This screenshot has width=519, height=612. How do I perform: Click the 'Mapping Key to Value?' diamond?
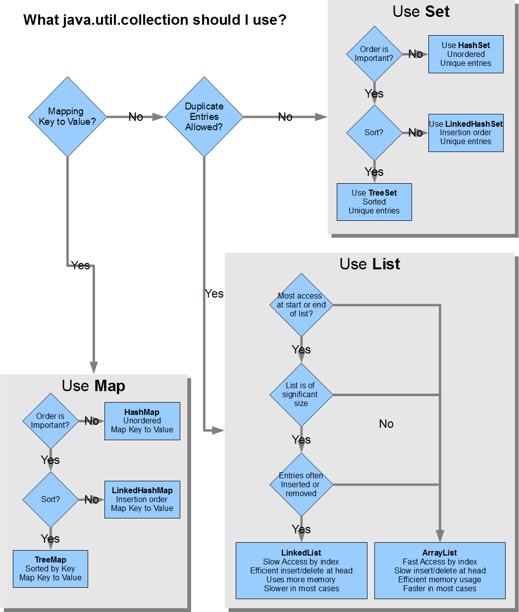[x=67, y=117]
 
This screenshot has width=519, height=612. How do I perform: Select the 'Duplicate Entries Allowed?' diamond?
[x=204, y=117]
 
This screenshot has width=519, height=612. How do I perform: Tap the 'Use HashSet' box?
[x=466, y=54]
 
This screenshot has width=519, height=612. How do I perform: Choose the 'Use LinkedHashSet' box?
[x=466, y=133]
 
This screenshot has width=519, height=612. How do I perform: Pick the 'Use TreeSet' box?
[x=374, y=202]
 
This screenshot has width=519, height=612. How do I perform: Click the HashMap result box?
[x=142, y=421]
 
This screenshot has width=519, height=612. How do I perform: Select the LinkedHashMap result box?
[x=142, y=499]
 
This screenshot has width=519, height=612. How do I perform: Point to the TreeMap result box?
[x=51, y=568]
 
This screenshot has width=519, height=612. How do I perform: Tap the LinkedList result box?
[x=302, y=570]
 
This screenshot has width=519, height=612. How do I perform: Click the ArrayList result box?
[x=440, y=570]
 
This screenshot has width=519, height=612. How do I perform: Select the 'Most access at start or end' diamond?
[x=302, y=305]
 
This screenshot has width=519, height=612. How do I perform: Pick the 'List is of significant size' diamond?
[x=302, y=395]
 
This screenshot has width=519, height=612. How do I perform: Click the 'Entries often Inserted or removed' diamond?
[x=302, y=484]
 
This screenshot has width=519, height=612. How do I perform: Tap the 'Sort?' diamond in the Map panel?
[x=51, y=500]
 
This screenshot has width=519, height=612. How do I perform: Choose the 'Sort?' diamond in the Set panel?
[x=374, y=133]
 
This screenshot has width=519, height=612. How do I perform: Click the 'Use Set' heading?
[x=421, y=12]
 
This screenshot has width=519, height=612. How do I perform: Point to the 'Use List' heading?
[x=370, y=264]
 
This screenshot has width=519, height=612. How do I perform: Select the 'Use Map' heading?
[x=94, y=386]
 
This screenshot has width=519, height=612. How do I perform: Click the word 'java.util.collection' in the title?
[x=125, y=20]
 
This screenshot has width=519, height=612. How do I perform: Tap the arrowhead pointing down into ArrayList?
[x=440, y=536]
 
